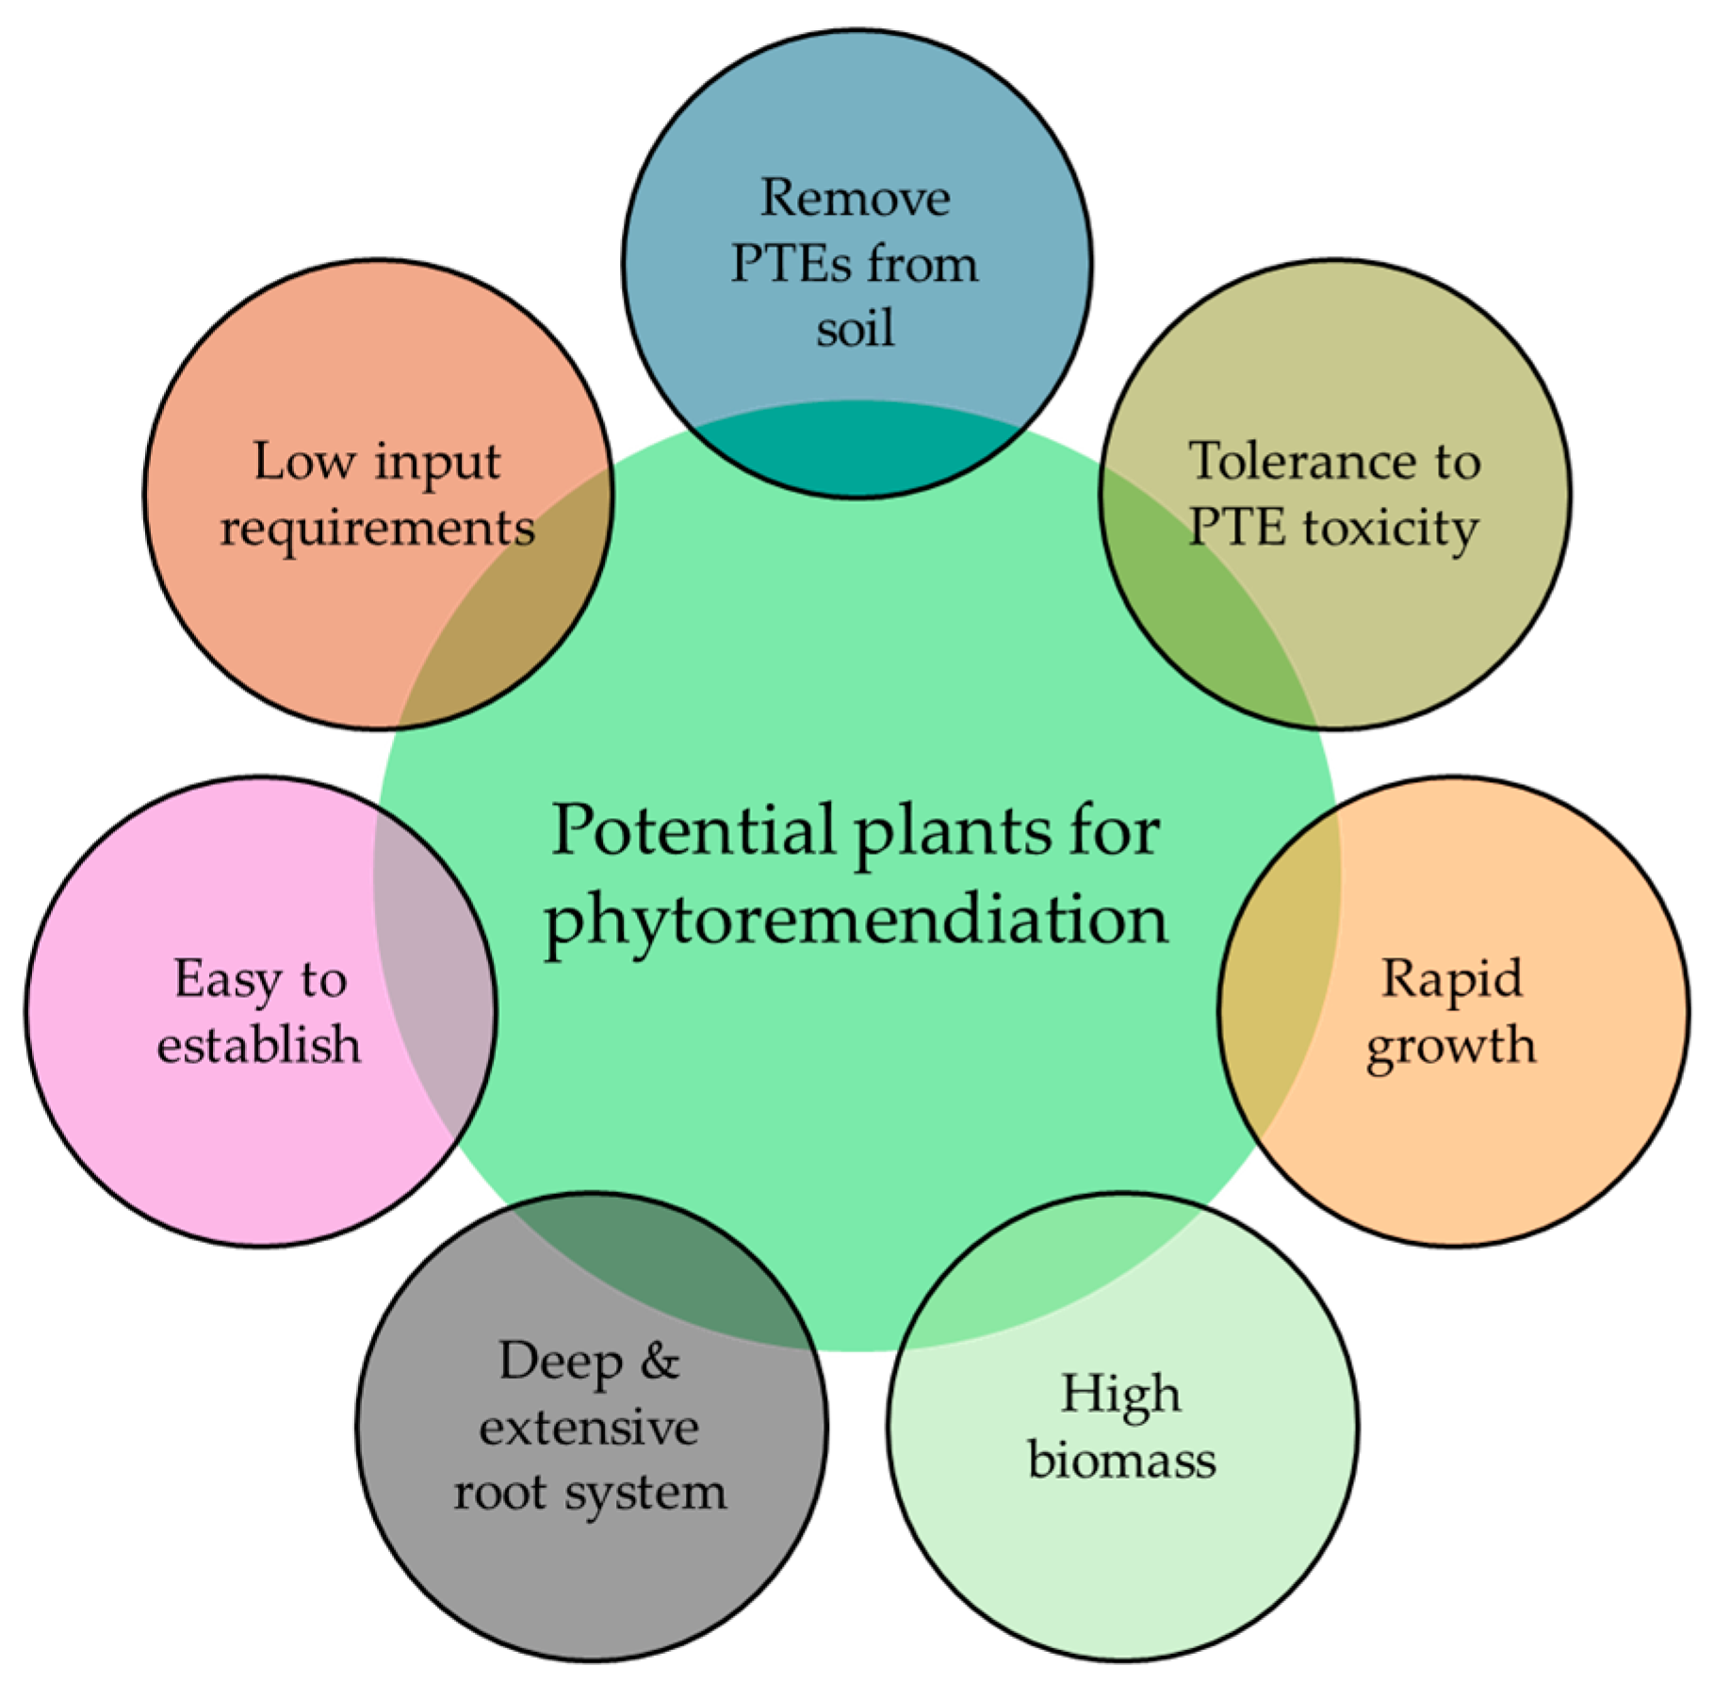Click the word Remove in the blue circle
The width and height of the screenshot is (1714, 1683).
[855, 199]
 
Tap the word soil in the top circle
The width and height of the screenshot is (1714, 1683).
[855, 330]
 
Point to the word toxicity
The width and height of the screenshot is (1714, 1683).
[1391, 528]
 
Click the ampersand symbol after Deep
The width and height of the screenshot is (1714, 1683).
[660, 1361]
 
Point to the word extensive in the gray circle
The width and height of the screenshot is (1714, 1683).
[589, 1428]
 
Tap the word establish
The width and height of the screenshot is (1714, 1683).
[258, 1044]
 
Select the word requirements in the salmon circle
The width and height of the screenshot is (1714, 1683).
[377, 528]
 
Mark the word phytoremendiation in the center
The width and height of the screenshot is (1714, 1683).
[856, 919]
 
